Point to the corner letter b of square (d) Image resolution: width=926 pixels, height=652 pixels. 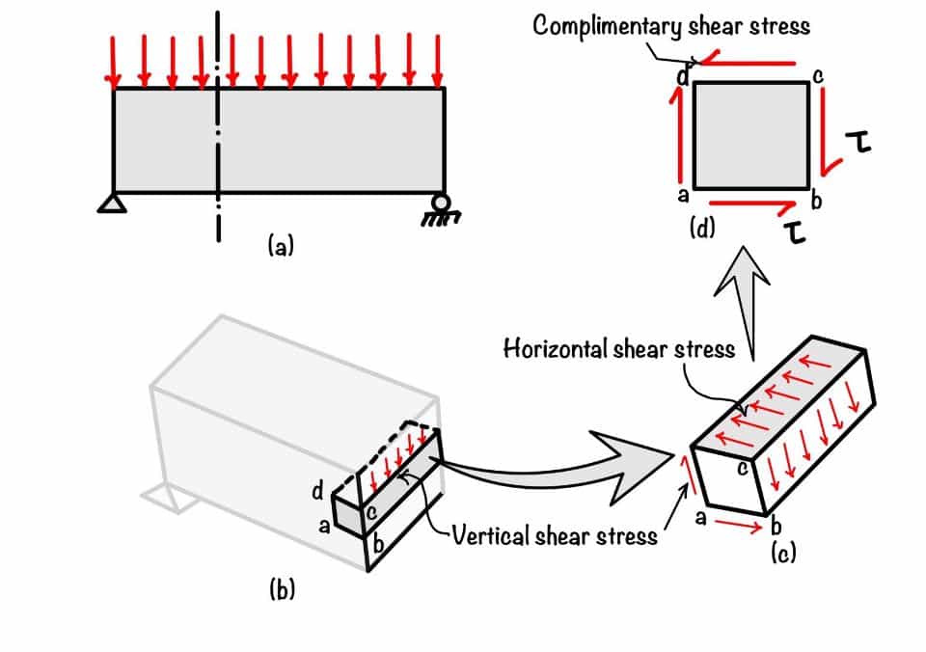[816, 202]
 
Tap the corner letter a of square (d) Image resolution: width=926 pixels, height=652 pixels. [684, 195]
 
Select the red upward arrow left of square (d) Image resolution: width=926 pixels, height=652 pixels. [675, 135]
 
